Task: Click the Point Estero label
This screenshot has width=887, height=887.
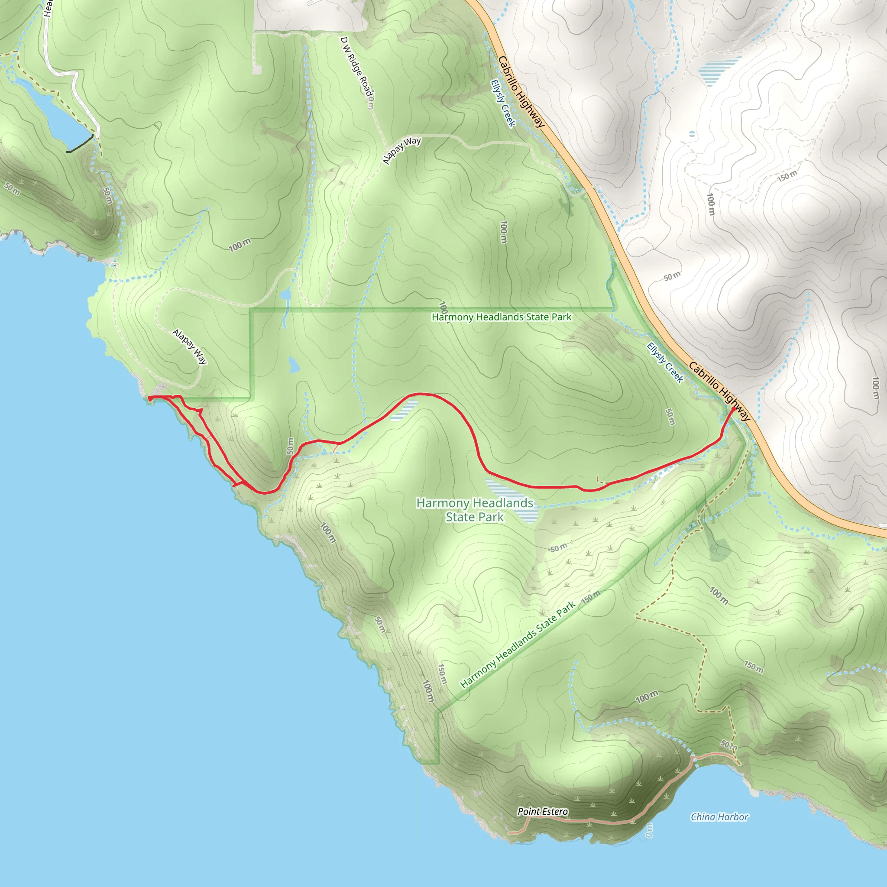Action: [x=543, y=812]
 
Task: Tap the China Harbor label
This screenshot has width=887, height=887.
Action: [x=719, y=817]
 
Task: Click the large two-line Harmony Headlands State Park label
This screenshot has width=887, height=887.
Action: [x=475, y=510]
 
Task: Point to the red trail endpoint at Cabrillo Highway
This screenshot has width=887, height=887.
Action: [x=733, y=408]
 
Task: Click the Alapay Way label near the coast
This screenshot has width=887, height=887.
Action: [x=190, y=346]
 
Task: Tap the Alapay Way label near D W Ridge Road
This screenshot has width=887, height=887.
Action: [x=402, y=150]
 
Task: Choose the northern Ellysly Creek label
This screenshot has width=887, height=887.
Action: [x=503, y=104]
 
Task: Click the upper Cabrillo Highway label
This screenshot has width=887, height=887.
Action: [x=521, y=92]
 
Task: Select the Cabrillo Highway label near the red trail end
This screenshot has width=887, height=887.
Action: [x=719, y=392]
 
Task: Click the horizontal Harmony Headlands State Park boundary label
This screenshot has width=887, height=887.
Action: [x=502, y=317]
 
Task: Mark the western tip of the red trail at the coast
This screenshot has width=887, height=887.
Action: [x=150, y=398]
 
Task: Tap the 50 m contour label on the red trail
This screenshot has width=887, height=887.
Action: [x=290, y=446]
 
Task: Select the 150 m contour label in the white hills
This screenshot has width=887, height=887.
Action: [x=787, y=176]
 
